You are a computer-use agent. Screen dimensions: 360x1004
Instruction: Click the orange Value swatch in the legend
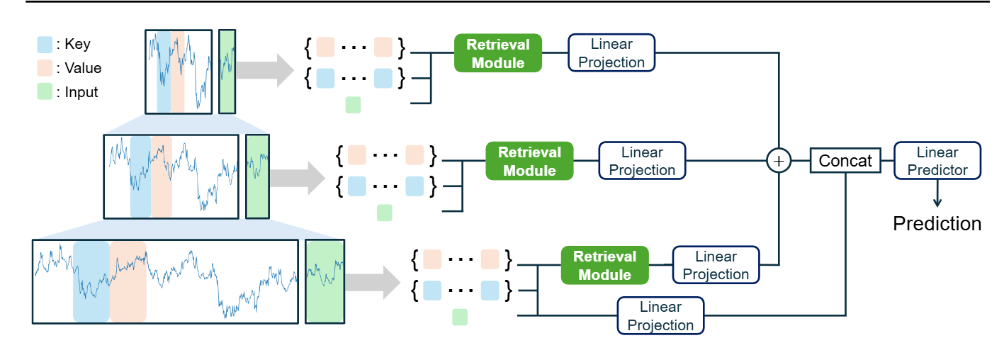point(45,69)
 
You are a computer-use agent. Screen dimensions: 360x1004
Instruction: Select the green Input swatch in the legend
point(45,92)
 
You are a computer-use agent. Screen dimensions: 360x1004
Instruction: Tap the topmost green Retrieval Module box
point(497,53)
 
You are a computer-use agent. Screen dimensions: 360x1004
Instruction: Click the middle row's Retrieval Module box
point(529,161)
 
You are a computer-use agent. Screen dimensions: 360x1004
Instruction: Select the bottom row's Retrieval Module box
point(604,265)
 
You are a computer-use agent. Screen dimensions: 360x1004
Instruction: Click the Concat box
point(845,161)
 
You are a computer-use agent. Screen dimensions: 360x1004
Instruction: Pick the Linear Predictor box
point(937,161)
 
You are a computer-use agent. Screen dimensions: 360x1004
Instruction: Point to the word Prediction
point(937,224)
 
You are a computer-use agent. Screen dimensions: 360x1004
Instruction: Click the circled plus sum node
point(779,161)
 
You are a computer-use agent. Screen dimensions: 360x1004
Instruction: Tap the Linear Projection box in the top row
point(611,53)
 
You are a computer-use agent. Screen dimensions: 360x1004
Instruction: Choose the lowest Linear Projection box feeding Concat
point(660,316)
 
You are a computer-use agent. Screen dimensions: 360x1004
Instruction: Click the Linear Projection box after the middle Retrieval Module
point(642,161)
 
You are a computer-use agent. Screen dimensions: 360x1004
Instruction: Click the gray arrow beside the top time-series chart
point(264,71)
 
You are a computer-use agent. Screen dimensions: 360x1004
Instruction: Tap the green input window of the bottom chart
point(325,281)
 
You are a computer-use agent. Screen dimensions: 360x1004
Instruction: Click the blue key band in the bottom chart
point(91,281)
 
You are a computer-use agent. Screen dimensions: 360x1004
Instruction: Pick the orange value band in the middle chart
point(161,176)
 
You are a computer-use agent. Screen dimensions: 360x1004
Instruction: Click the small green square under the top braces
point(353,106)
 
